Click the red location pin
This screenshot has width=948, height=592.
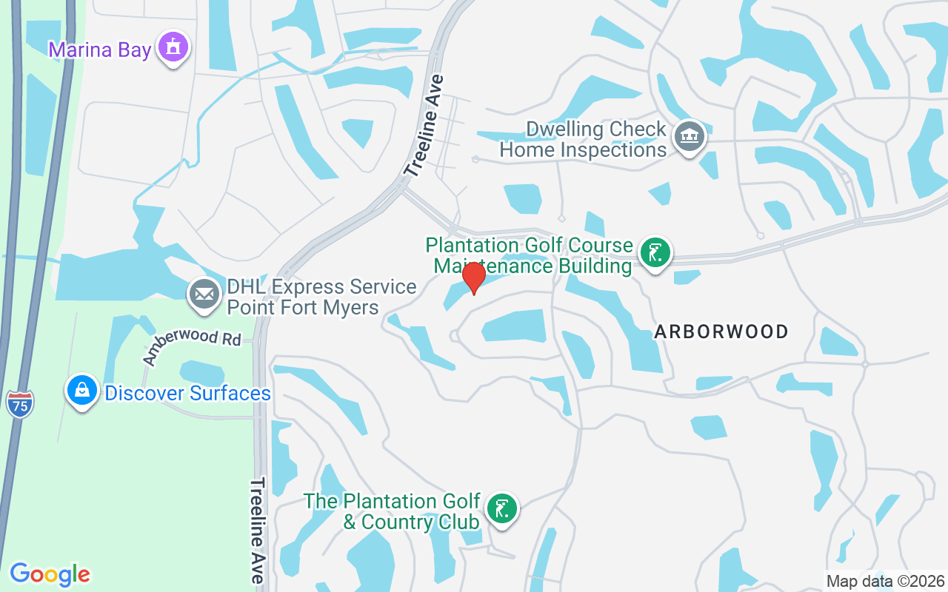point(473,277)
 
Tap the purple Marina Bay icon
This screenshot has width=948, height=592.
point(173,47)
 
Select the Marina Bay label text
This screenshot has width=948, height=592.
point(100,50)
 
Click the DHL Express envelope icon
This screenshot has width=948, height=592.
point(204,294)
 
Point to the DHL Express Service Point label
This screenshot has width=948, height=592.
point(321,297)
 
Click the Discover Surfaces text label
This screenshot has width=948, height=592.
point(187,393)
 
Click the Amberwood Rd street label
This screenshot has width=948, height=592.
point(193,346)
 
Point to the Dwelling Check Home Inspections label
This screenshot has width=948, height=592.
point(583,139)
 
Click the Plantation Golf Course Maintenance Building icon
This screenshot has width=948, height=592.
point(655,253)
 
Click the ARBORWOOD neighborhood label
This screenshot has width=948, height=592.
point(721,332)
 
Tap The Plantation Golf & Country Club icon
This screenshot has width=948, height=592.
point(502,508)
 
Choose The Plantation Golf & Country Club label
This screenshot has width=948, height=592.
point(393,511)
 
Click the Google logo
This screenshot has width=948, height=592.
point(50,574)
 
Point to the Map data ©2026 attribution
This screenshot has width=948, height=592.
point(886,582)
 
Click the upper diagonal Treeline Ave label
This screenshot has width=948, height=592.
point(424,125)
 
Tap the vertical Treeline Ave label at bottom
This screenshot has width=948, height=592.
point(257,530)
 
